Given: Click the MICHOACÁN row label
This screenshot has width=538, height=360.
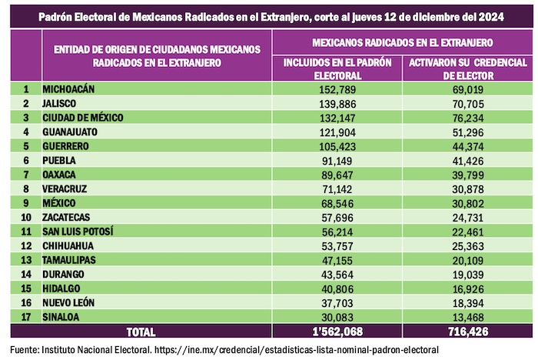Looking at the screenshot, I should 69,89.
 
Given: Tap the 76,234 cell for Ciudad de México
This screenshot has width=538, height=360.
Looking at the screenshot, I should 467,117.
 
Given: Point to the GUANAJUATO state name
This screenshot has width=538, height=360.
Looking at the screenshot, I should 72,132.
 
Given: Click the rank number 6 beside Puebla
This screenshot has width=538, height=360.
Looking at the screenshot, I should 26,160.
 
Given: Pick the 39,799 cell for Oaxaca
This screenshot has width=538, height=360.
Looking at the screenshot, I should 467,174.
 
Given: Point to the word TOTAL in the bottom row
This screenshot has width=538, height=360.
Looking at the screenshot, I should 139,332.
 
